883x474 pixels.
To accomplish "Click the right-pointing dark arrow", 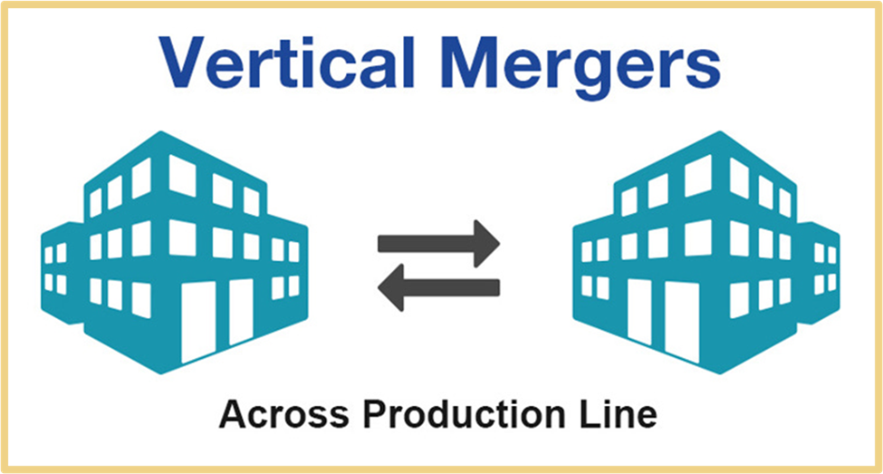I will click(438, 243).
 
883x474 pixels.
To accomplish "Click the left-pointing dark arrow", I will click(438, 287).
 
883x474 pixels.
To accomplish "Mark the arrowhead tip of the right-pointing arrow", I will click(499, 243).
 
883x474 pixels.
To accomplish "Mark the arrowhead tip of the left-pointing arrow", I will click(379, 287).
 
